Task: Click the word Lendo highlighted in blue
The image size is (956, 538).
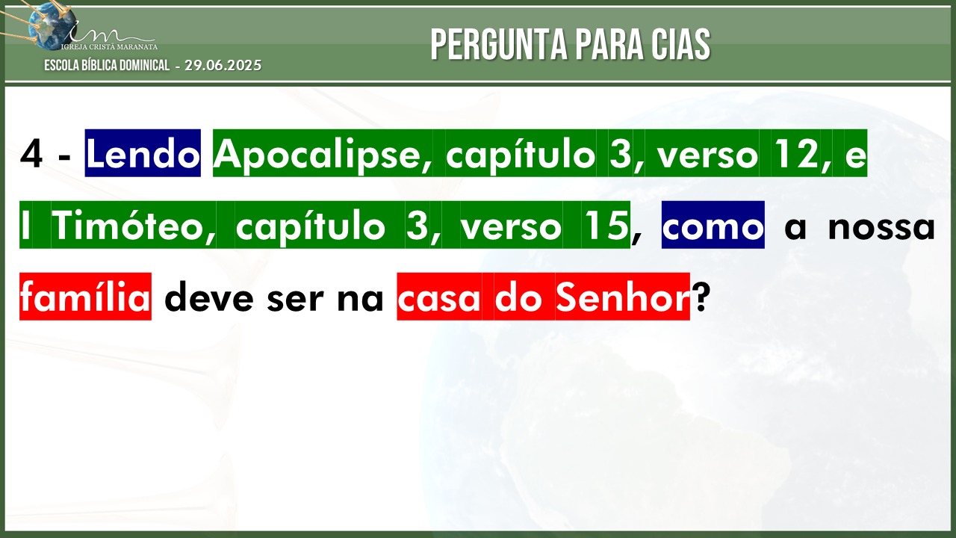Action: [143, 153]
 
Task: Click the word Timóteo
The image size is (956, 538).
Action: [134, 226]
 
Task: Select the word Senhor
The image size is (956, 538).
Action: [622, 297]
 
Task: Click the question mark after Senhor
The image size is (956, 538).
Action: [701, 297]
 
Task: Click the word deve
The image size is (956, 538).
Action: [209, 297]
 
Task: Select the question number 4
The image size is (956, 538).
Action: [31, 154]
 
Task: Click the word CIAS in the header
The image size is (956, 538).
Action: [679, 44]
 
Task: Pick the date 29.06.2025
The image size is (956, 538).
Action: [223, 65]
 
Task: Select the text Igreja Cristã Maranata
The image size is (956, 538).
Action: [109, 46]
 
